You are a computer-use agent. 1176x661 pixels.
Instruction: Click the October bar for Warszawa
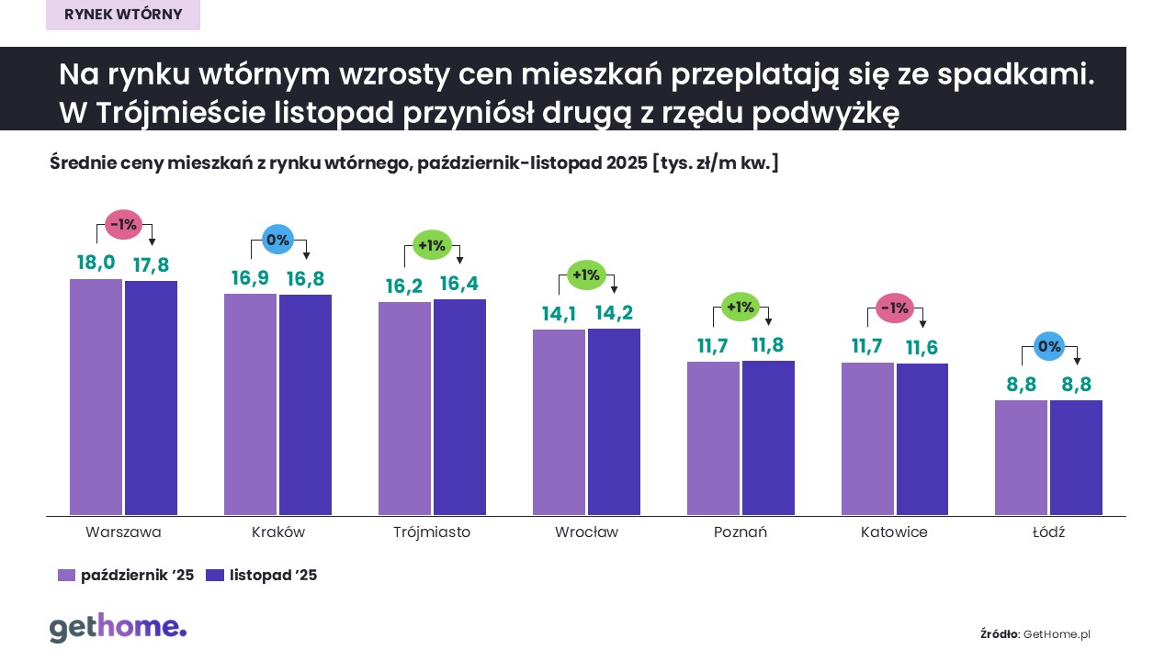pyautogui.click(x=96, y=397)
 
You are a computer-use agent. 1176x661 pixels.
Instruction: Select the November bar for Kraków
pyautogui.click(x=305, y=405)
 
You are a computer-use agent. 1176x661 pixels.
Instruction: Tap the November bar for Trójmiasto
pyautogui.click(x=459, y=407)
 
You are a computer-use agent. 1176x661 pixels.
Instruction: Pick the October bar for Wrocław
pyautogui.click(x=559, y=422)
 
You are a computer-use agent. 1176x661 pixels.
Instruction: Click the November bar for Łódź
pyautogui.click(x=1076, y=457)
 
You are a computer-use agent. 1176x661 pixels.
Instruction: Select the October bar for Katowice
pyautogui.click(x=867, y=439)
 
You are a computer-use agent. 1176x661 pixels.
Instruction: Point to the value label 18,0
pyautogui.click(x=96, y=263)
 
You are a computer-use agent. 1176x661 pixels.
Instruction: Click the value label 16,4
pyautogui.click(x=459, y=284)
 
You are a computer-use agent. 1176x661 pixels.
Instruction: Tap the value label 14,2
pyautogui.click(x=614, y=313)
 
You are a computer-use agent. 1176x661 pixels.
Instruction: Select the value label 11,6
pyautogui.click(x=922, y=348)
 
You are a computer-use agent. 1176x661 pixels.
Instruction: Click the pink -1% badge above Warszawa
pyautogui.click(x=123, y=224)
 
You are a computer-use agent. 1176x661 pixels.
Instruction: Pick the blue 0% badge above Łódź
pyautogui.click(x=1048, y=347)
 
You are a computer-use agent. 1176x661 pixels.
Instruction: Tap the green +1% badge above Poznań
pyautogui.click(x=740, y=308)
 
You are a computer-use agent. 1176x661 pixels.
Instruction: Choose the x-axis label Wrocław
pyautogui.click(x=586, y=532)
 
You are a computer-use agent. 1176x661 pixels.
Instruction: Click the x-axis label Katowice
pyautogui.click(x=894, y=532)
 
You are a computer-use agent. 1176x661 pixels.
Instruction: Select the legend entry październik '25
pyautogui.click(x=126, y=576)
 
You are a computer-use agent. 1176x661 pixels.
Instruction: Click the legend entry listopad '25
pyautogui.click(x=262, y=576)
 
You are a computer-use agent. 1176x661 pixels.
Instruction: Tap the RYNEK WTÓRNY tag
pyautogui.click(x=123, y=15)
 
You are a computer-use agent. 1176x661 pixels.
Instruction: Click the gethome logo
pyautogui.click(x=118, y=628)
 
